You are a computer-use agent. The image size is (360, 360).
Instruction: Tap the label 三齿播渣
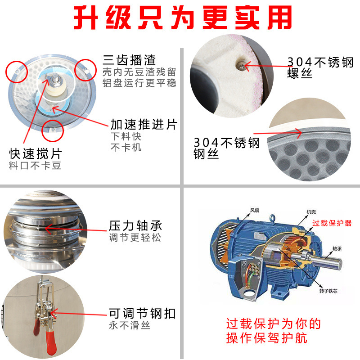pos(129,59)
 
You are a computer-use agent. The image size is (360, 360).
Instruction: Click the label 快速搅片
pos(35,153)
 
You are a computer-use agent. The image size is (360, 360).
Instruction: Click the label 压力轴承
pos(135,225)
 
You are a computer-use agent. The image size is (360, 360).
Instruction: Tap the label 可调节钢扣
pos(142,313)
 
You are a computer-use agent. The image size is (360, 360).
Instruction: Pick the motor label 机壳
pos(311,211)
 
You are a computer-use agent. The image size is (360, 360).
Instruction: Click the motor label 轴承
pos(338,248)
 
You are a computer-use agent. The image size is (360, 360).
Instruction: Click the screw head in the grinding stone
pos(242,66)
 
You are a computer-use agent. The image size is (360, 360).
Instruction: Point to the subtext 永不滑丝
pos(130,325)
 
